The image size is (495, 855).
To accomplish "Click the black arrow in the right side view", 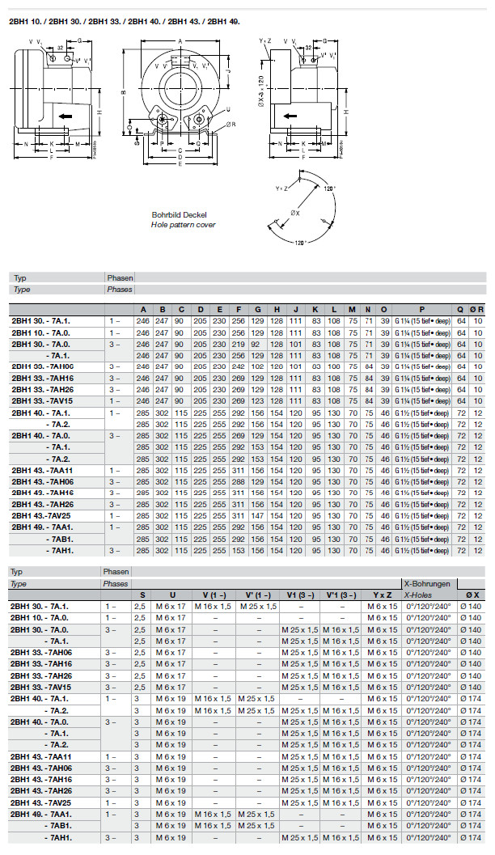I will [290, 116].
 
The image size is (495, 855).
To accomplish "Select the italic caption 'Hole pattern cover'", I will [184, 224].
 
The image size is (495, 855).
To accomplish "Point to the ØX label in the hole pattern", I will [294, 213].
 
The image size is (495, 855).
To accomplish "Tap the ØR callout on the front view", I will [231, 124].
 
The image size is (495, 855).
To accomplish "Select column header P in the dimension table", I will [421, 309].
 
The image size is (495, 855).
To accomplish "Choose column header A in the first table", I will [143, 309].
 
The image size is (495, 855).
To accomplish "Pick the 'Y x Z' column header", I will [380, 595].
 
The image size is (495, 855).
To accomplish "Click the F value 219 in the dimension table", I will [238, 343].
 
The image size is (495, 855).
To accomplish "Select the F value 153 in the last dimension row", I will [238, 550].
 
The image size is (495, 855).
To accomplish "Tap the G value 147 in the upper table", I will [257, 515].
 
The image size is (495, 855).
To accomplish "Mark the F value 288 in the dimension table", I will [238, 481].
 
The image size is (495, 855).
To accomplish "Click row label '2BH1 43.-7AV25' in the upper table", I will [41, 515].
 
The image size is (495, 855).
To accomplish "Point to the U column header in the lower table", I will [172, 595].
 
